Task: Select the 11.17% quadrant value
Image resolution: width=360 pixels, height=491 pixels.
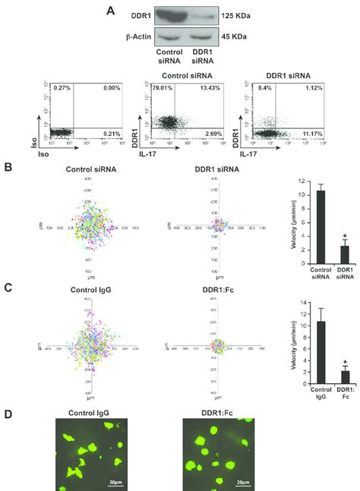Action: pos(314,135)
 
